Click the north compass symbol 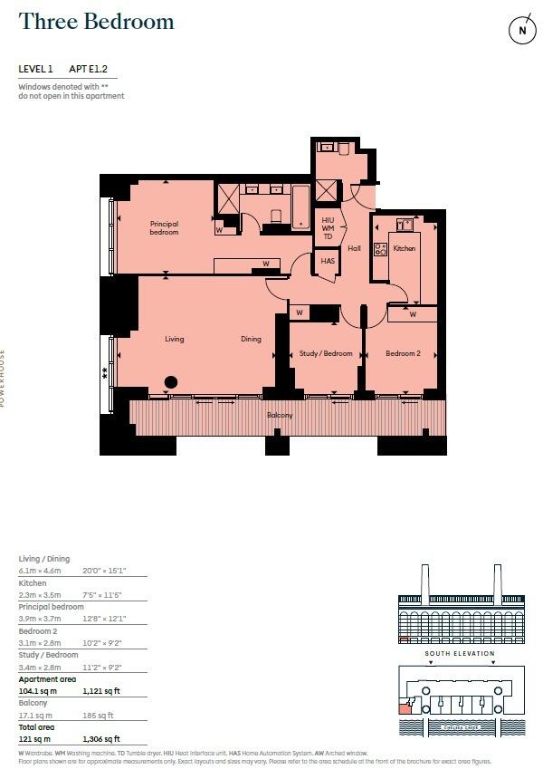click(520, 30)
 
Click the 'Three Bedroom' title click(97, 23)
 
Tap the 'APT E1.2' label click(93, 69)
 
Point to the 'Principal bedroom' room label click(164, 227)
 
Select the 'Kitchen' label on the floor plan click(404, 248)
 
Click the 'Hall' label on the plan click(354, 248)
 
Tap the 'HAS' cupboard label click(328, 261)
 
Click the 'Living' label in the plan click(175, 340)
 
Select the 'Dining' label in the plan click(251, 340)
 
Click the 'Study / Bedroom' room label click(326, 353)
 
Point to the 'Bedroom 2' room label click(403, 353)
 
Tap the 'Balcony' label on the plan click(280, 415)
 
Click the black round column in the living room click(170, 382)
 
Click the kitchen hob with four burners click(381, 249)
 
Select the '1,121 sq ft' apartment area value click(100, 690)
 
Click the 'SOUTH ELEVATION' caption click(461, 653)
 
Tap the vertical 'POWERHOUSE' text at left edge click(4, 378)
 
